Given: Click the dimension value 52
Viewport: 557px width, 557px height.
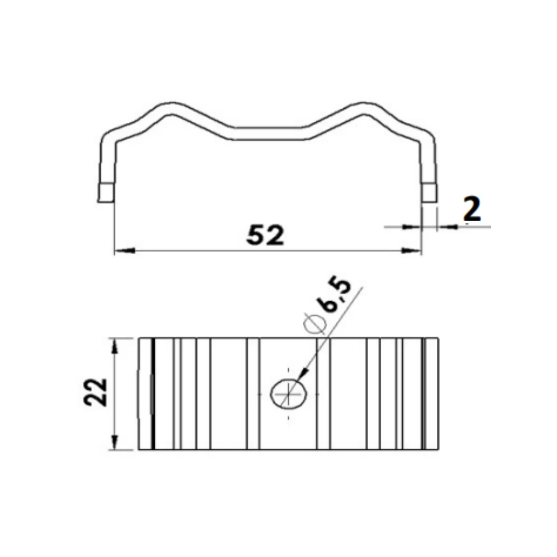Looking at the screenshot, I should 265,236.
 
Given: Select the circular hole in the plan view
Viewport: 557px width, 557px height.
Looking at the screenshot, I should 290,394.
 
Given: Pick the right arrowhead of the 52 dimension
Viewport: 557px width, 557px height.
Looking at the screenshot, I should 412,251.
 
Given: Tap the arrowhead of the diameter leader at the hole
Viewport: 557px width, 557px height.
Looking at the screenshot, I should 304,375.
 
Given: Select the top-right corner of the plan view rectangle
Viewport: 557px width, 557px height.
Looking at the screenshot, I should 438,338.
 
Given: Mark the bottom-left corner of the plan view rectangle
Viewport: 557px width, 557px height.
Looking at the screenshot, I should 139,450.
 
